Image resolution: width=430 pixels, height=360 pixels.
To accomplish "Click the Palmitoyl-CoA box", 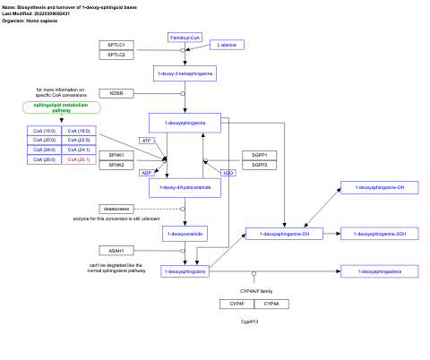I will (185, 38).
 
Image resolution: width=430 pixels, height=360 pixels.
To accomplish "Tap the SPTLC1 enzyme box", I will (116, 44).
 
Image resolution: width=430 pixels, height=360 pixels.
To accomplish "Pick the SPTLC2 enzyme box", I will (116, 55).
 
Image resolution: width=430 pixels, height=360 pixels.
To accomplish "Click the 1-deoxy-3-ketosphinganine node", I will (185, 73).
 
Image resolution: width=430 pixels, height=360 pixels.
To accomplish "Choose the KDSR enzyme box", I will (116, 93).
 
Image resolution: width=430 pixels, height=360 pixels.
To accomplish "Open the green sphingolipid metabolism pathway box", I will (61, 107).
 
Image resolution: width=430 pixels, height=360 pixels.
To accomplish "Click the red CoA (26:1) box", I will (79, 159).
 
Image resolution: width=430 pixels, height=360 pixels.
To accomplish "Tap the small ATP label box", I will (147, 141).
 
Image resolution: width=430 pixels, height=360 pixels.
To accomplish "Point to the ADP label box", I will (147, 172).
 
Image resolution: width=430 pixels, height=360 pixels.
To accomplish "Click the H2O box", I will (228, 172).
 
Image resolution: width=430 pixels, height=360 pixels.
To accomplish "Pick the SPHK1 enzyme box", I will (116, 155).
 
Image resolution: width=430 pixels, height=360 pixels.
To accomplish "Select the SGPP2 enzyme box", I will (259, 165).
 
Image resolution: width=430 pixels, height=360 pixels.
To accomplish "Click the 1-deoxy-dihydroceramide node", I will (185, 187).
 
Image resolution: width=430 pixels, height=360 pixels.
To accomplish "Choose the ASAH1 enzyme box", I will (116, 250).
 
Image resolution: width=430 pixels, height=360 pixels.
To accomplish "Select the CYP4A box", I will (271, 304).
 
